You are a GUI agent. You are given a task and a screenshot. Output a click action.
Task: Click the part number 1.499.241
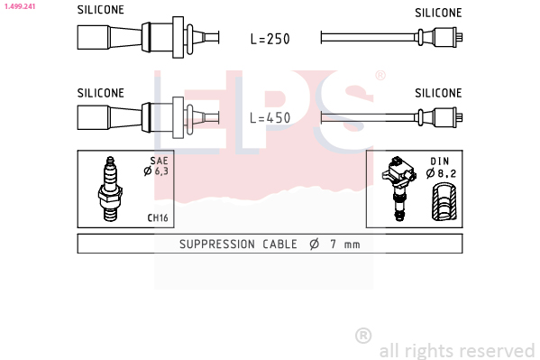pos(20,6)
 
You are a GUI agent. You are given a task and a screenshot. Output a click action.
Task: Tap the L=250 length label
pos(270,39)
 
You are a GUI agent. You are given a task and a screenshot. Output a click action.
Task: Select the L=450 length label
pos(270,118)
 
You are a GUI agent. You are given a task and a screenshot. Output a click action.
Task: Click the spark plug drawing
pos(110,189)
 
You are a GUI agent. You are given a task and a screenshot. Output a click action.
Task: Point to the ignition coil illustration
pos(399,188)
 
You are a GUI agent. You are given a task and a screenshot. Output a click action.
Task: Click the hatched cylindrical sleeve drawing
pos(444,202)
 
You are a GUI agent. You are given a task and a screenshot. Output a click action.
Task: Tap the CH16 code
pos(158,218)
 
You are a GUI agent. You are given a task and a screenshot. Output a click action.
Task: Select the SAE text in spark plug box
pos(159,161)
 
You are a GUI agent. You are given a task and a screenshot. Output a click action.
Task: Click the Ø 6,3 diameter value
pos(156,171)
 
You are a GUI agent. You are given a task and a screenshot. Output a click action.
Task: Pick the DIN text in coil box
pos(440,161)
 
